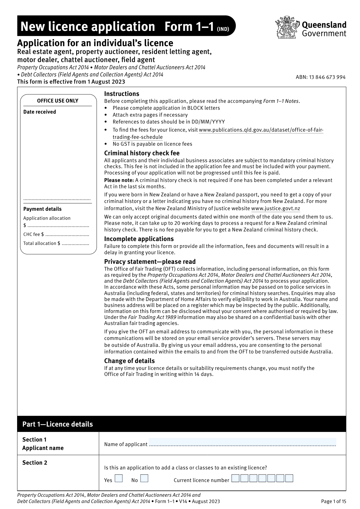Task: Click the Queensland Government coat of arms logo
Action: coord(287,28)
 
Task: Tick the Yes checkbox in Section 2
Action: coord(119,478)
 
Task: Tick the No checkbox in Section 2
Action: coord(144,478)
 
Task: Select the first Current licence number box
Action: coord(235,478)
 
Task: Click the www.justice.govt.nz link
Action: coord(275,209)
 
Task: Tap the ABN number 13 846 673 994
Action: coord(320,77)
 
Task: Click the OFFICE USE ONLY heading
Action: coord(58,101)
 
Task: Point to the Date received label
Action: coord(40,112)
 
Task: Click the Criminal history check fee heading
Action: coord(142,153)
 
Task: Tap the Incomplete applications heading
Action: coord(139,239)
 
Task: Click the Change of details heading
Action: coord(129,361)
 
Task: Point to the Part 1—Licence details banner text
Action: coord(58,424)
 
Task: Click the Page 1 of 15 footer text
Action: coord(333,501)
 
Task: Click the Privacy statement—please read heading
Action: coord(150,262)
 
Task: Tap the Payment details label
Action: coord(42,209)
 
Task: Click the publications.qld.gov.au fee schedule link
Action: coord(261,130)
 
